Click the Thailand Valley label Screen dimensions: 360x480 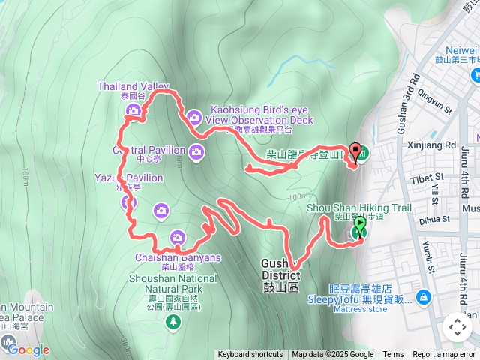[133, 87]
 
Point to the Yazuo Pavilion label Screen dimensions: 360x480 [128, 178]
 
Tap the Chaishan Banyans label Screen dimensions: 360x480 [178, 258]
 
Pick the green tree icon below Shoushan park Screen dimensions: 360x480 [174, 322]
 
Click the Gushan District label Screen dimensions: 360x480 [280, 268]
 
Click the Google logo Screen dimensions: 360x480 [28, 349]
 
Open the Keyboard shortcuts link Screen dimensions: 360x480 [250, 355]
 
